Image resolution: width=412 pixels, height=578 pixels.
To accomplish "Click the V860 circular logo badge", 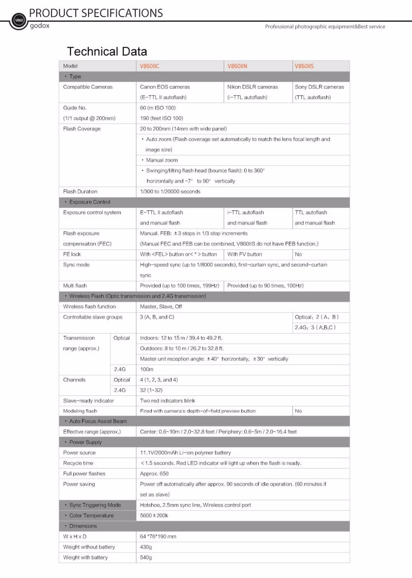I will [x=19, y=20].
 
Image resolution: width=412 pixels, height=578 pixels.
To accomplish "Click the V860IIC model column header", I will [x=150, y=66].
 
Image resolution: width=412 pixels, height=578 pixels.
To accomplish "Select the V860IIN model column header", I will [x=237, y=66].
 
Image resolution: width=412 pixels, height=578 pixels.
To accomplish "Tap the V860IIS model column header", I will [x=304, y=66].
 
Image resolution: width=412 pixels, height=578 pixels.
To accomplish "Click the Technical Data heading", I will [x=107, y=51].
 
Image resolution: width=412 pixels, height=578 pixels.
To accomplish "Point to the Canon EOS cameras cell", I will [x=165, y=87].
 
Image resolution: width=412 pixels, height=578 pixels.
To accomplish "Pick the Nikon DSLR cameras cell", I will [x=253, y=87].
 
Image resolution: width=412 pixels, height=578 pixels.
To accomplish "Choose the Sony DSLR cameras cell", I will [x=319, y=87].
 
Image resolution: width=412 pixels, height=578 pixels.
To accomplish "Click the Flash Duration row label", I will [x=80, y=192].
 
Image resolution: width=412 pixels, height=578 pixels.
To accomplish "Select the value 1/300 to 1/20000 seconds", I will [x=170, y=192].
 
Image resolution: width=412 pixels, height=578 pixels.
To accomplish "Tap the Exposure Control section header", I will [x=89, y=202].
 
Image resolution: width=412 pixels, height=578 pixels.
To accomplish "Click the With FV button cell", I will [x=245, y=254].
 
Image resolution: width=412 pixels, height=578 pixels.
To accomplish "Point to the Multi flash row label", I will [x=75, y=285].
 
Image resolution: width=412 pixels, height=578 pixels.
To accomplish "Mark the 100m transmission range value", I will [x=147, y=369].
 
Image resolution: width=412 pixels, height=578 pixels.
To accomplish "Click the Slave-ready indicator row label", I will [x=89, y=400].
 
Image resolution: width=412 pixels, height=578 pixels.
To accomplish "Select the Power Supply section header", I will [x=85, y=442].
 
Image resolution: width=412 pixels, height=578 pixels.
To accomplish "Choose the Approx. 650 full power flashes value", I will [x=154, y=474].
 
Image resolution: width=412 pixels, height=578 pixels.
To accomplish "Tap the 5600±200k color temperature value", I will [x=154, y=515].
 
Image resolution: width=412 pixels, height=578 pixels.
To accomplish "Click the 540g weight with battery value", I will [x=146, y=557].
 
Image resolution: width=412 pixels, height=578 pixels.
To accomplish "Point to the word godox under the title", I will [x=40, y=26].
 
